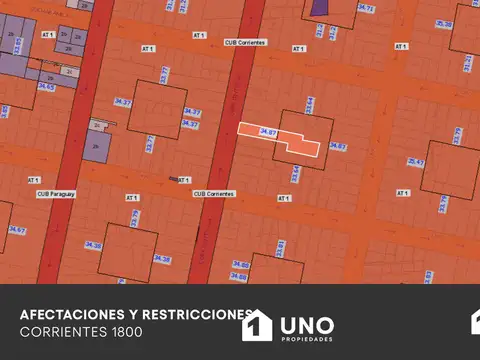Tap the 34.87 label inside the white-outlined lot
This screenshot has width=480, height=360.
[x=267, y=132]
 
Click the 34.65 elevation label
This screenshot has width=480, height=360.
[x=46, y=87]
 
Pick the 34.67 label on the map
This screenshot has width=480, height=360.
[x=16, y=230]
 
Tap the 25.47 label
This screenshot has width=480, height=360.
[x=416, y=162]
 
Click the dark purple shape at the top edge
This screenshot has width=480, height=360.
[x=319, y=7]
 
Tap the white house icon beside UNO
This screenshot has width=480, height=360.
[x=257, y=326]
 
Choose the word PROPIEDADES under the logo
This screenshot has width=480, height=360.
[x=307, y=340]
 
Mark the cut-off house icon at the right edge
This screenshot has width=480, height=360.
[x=475, y=322]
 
